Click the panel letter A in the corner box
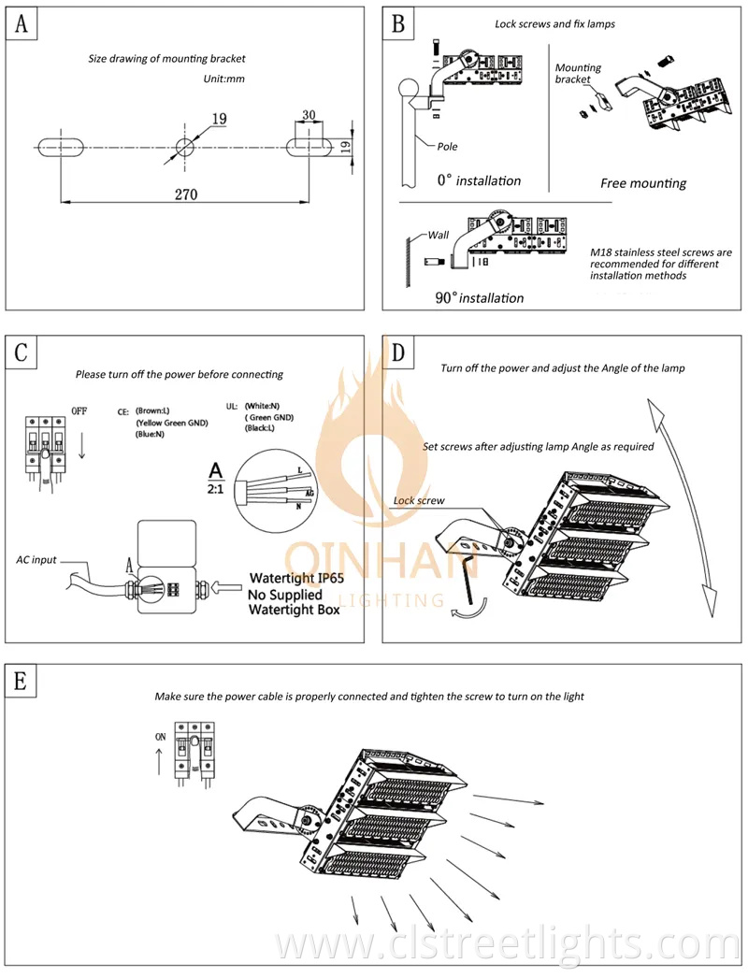point(22,23)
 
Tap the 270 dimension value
point(186,194)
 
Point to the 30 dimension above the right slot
point(309,115)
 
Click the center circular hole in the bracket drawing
point(184,147)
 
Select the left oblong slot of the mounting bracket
point(61,147)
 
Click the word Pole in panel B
point(447,147)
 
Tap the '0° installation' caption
point(479,180)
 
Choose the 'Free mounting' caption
point(643,183)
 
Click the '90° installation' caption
point(479,297)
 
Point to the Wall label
point(438,235)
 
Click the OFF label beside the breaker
point(79,411)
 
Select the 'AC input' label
point(36,560)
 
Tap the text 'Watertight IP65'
point(297,578)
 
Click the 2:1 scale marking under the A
point(215,490)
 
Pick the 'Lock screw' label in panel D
point(419,500)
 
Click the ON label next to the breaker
point(160,737)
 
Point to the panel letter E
point(20,681)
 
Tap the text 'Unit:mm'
point(224,79)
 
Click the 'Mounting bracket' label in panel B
point(579,73)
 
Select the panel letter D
point(398,352)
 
